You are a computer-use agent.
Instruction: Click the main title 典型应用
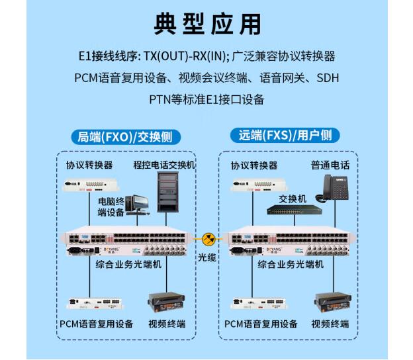[206, 24]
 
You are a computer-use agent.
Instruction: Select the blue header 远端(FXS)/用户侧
[285, 136]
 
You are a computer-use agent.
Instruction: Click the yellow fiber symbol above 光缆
[208, 238]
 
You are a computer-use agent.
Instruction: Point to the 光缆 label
[208, 257]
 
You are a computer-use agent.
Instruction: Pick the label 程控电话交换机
[163, 165]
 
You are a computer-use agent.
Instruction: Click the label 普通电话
[330, 165]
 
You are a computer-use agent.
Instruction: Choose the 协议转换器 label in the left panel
[89, 165]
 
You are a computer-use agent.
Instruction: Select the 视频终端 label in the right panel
[330, 324]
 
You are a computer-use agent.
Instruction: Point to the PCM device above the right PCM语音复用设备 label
[252, 302]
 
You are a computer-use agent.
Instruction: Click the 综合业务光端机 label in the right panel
[291, 264]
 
